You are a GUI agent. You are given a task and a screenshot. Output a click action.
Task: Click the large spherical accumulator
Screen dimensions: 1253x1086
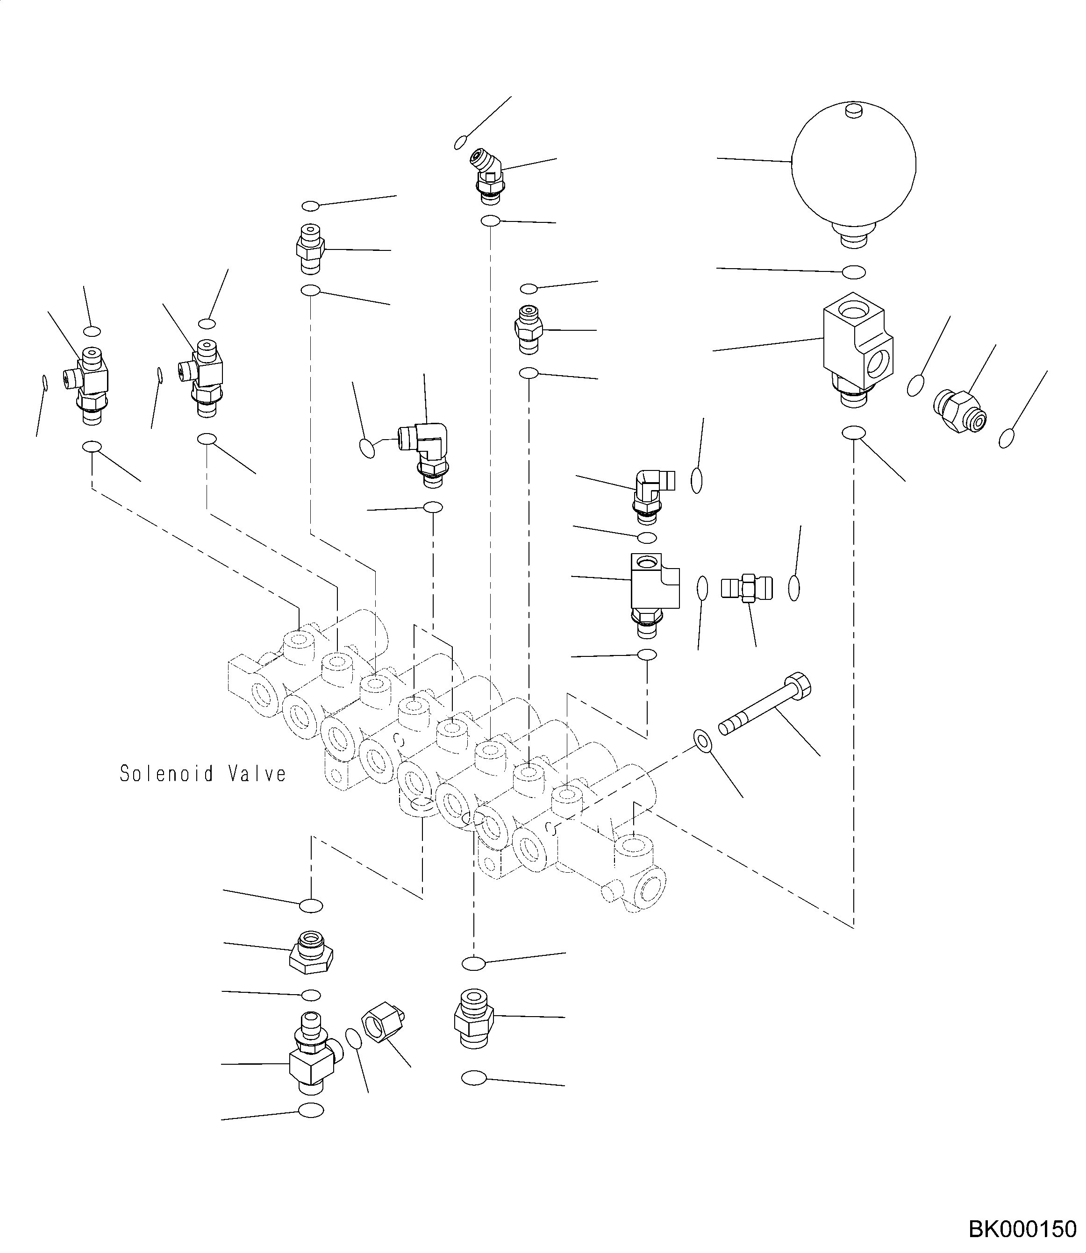click(853, 167)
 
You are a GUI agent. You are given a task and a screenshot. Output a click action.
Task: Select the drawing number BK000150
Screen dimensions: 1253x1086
click(1022, 1229)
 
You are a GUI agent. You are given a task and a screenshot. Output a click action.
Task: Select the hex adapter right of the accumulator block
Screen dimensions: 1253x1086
click(961, 411)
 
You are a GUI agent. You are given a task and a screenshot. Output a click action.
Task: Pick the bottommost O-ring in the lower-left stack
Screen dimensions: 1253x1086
click(312, 1111)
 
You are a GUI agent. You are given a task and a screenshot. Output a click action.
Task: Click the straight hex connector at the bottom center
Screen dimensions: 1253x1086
click(473, 1018)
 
